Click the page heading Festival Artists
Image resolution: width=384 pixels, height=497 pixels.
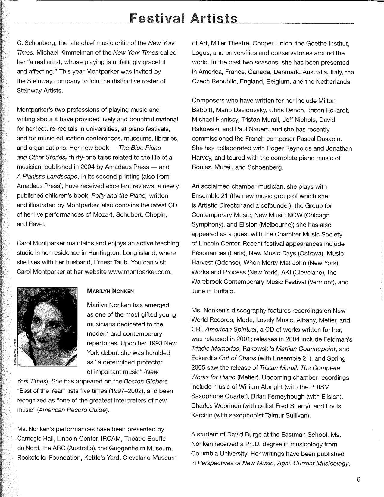[183, 19]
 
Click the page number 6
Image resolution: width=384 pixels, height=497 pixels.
[358, 480]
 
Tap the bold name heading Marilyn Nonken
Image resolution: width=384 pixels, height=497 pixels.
[110, 291]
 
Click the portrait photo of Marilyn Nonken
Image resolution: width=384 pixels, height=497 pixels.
[47, 327]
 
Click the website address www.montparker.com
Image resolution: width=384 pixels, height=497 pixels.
[140, 272]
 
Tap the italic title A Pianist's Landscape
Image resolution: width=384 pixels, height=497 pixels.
[48, 177]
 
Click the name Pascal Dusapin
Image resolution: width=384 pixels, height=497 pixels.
[326, 139]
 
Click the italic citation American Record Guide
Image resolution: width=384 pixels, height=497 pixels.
[73, 410]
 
